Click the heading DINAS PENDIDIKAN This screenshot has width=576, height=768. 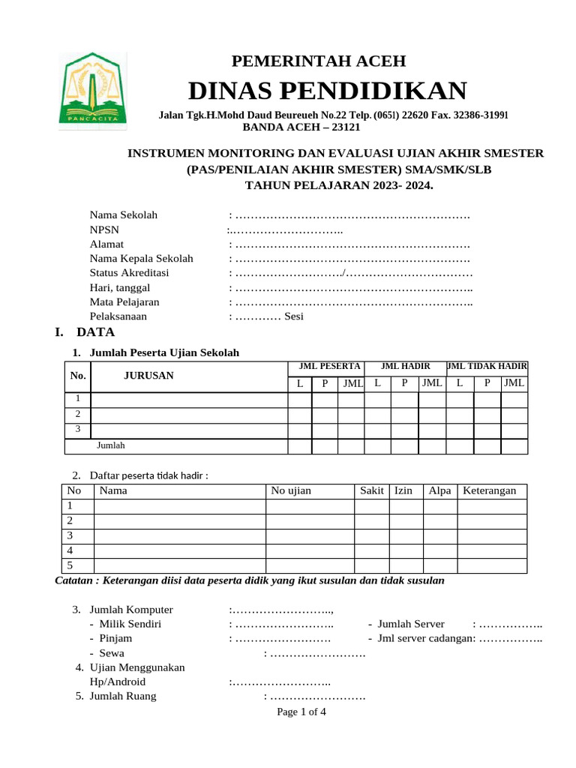[x=327, y=91]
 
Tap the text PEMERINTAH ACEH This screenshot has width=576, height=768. [x=319, y=61]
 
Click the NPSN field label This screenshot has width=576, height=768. [x=104, y=229]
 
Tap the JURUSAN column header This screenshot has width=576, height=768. [x=148, y=376]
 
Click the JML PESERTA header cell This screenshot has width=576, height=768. [x=325, y=366]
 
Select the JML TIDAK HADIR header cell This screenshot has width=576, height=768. [x=487, y=366]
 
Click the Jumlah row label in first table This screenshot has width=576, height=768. [x=111, y=445]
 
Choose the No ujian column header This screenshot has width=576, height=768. [x=291, y=490]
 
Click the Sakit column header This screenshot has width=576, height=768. [x=372, y=490]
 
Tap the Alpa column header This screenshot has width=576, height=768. [x=439, y=490]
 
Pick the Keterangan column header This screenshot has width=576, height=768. [x=490, y=490]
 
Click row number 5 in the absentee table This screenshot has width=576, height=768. [x=70, y=565]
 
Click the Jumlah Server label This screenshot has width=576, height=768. [x=411, y=624]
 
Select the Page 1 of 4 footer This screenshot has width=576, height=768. [x=301, y=712]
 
